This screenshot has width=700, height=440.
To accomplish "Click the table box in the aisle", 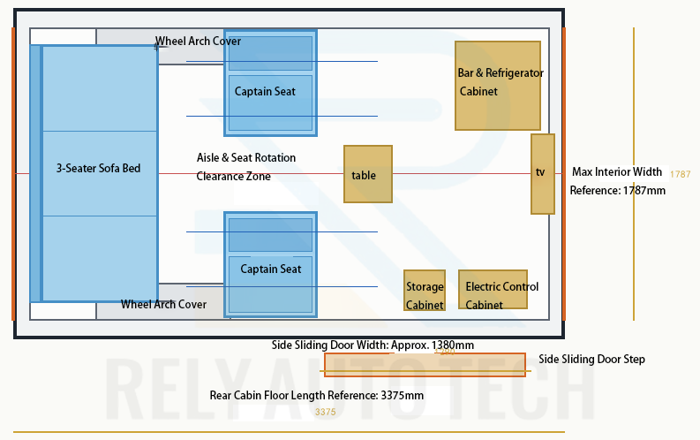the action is tap(368, 174).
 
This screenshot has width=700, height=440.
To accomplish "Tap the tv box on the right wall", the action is tap(543, 174).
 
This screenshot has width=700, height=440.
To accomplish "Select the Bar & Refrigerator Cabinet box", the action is tap(498, 86).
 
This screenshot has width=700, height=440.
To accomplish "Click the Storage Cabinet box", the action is tap(425, 290).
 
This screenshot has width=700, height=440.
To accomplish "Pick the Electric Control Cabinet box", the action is tap(493, 290).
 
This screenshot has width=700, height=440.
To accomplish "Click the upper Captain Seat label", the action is tap(265, 92).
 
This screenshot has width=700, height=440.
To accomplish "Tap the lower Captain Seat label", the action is tap(270, 269).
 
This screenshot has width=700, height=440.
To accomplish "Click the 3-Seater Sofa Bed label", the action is tap(98, 169).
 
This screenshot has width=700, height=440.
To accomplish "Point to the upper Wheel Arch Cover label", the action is tap(198, 42).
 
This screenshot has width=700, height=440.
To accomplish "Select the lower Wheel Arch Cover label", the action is tap(163, 305).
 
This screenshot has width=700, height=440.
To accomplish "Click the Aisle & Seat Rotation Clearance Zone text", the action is tap(246, 167).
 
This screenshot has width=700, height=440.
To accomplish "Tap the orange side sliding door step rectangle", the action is tap(425, 365).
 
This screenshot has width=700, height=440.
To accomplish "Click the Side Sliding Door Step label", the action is tap(591, 359).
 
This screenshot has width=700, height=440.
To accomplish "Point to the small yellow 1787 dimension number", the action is tap(680, 174).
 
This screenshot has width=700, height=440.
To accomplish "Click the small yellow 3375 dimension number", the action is tap(326, 412).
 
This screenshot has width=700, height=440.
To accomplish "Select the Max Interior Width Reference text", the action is tap(617, 181).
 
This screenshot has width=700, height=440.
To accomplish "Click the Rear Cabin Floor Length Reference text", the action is tap(317, 395).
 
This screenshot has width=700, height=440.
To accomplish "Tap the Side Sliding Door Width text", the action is tap(373, 345).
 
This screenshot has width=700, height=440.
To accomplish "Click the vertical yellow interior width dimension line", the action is tap(634, 174).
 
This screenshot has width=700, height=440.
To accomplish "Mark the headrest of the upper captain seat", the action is tap(270, 53).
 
